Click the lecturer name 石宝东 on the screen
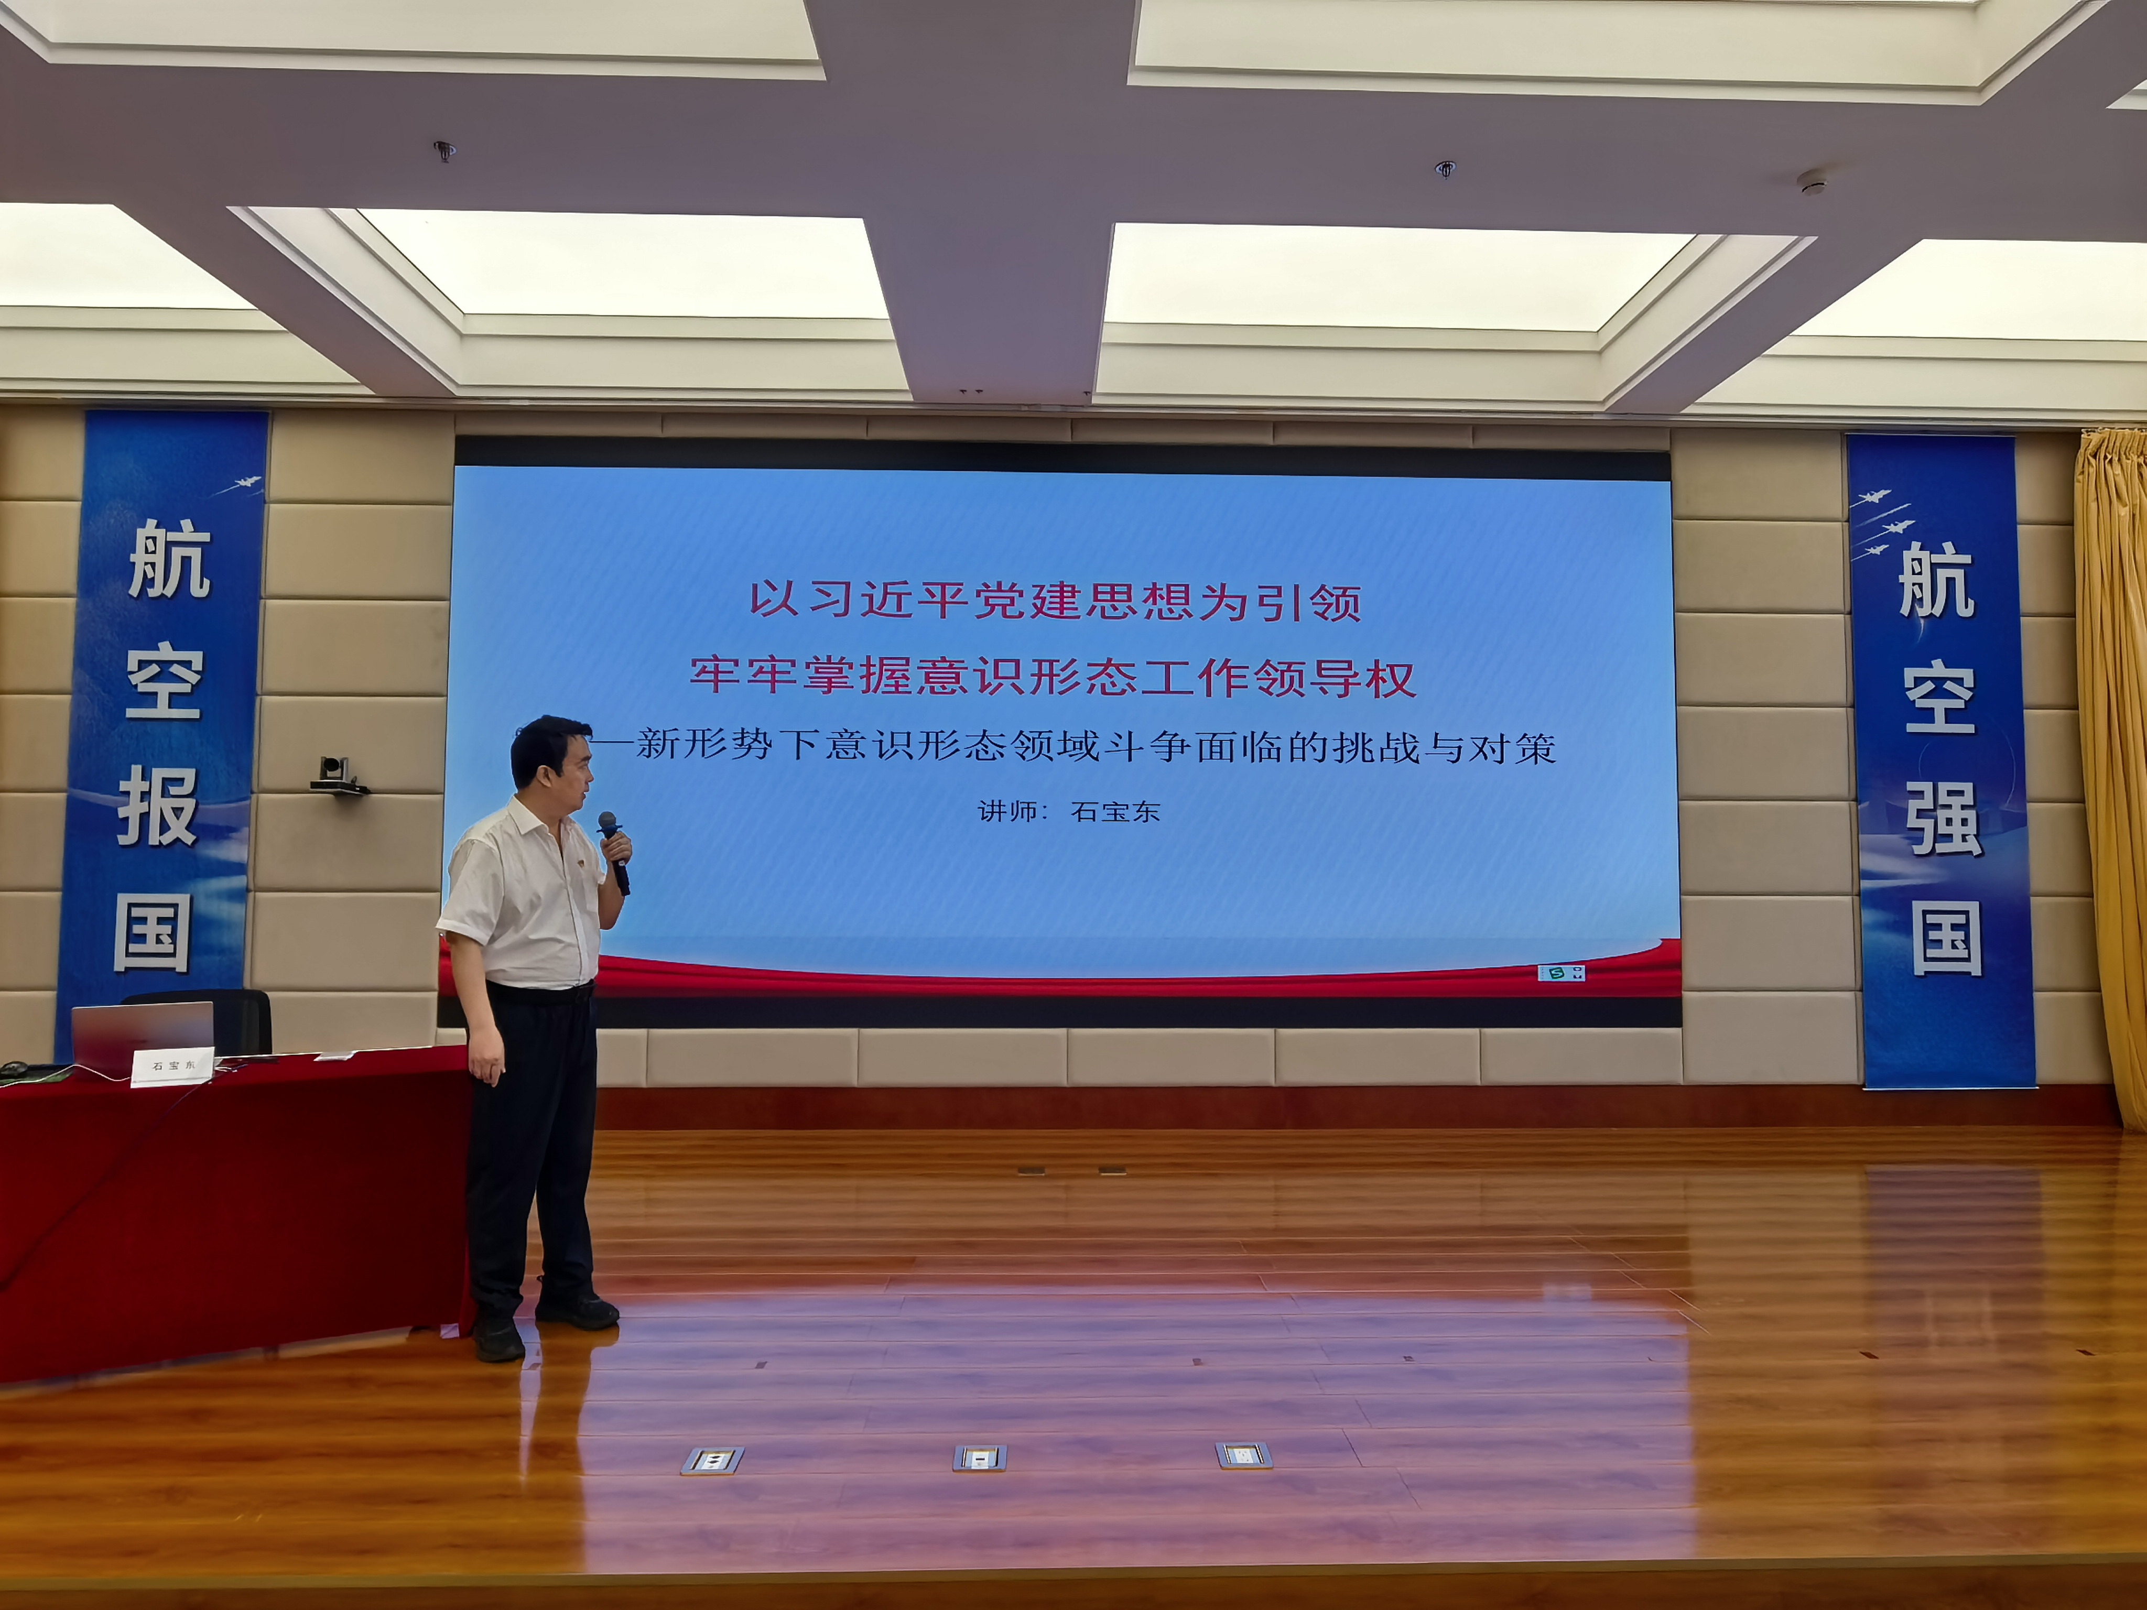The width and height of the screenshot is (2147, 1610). pos(1115,811)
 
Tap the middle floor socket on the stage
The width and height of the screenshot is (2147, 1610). pos(979,1457)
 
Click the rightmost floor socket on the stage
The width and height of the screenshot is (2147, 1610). pos(1243,1456)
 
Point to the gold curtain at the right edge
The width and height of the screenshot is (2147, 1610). pos(2112,776)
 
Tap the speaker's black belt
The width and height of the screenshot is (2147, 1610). pos(540,993)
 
